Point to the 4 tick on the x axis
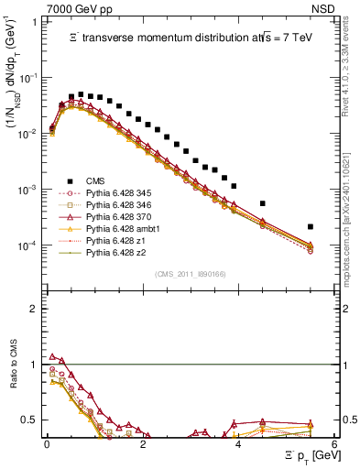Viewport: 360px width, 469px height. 238,442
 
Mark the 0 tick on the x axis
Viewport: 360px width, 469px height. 47,442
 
